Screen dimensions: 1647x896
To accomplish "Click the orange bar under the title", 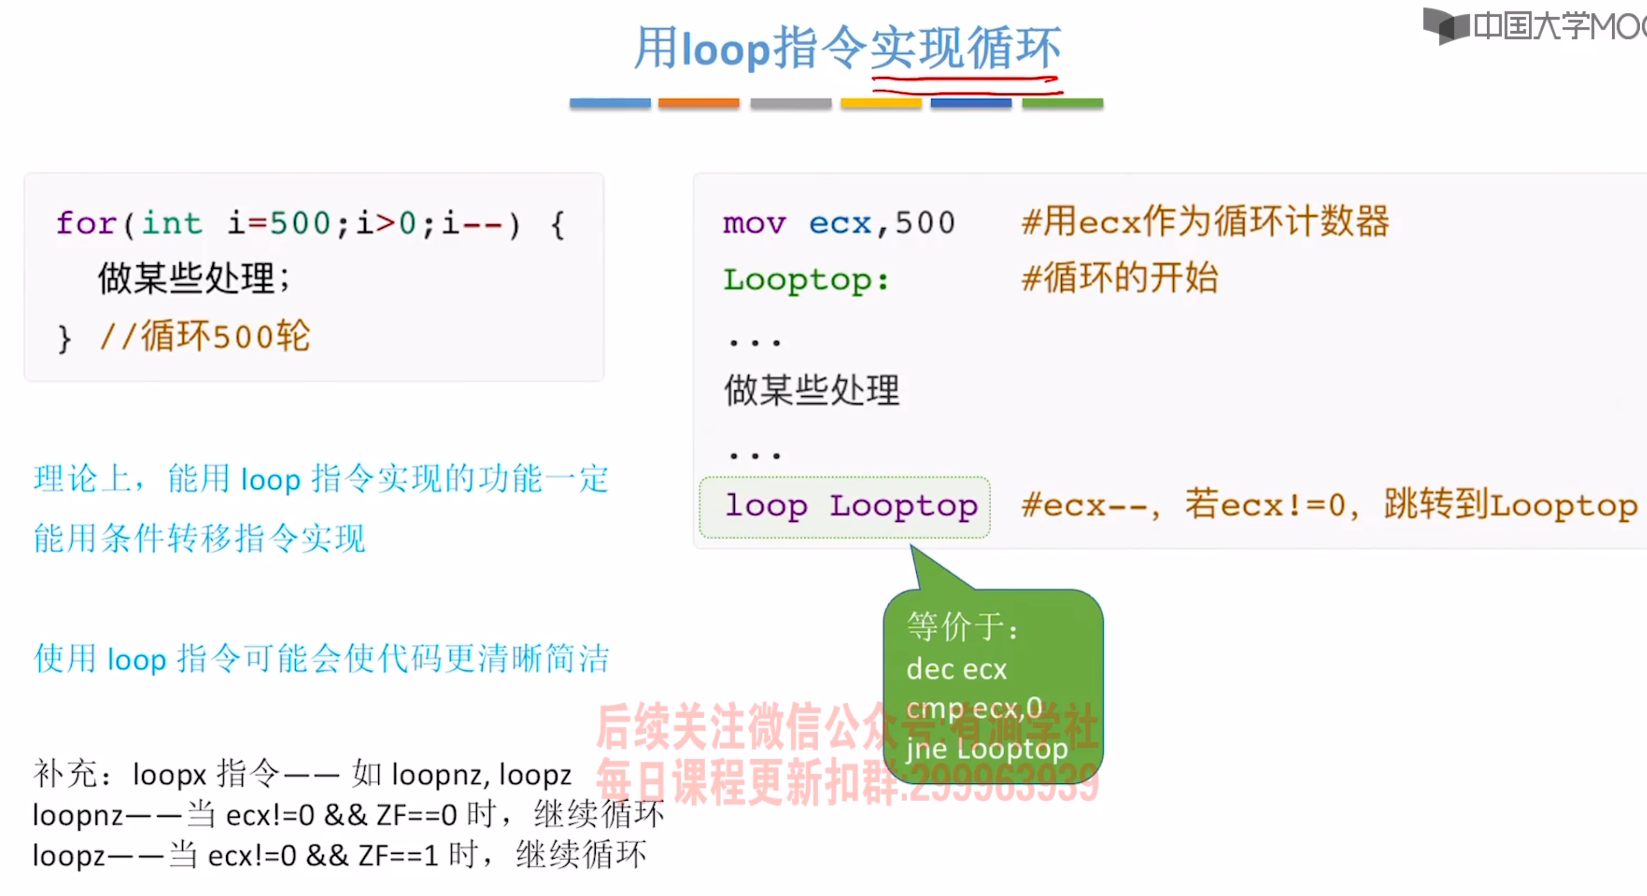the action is point(698,103).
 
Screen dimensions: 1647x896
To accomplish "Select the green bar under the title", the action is point(1062,103).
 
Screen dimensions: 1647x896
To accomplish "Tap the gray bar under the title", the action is point(790,103).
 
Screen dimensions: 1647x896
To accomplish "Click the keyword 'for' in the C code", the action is point(86,223).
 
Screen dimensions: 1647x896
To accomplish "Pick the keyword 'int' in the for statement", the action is point(171,223).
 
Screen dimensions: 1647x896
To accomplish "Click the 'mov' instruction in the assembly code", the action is point(754,223).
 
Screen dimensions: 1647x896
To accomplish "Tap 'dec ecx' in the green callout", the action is point(956,669).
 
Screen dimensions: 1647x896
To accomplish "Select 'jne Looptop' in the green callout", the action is point(986,749).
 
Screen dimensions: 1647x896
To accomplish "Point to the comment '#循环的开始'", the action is point(1119,278).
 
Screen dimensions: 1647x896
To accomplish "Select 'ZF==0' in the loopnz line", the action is point(416,815).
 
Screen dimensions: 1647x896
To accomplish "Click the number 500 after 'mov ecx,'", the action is point(925,223).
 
